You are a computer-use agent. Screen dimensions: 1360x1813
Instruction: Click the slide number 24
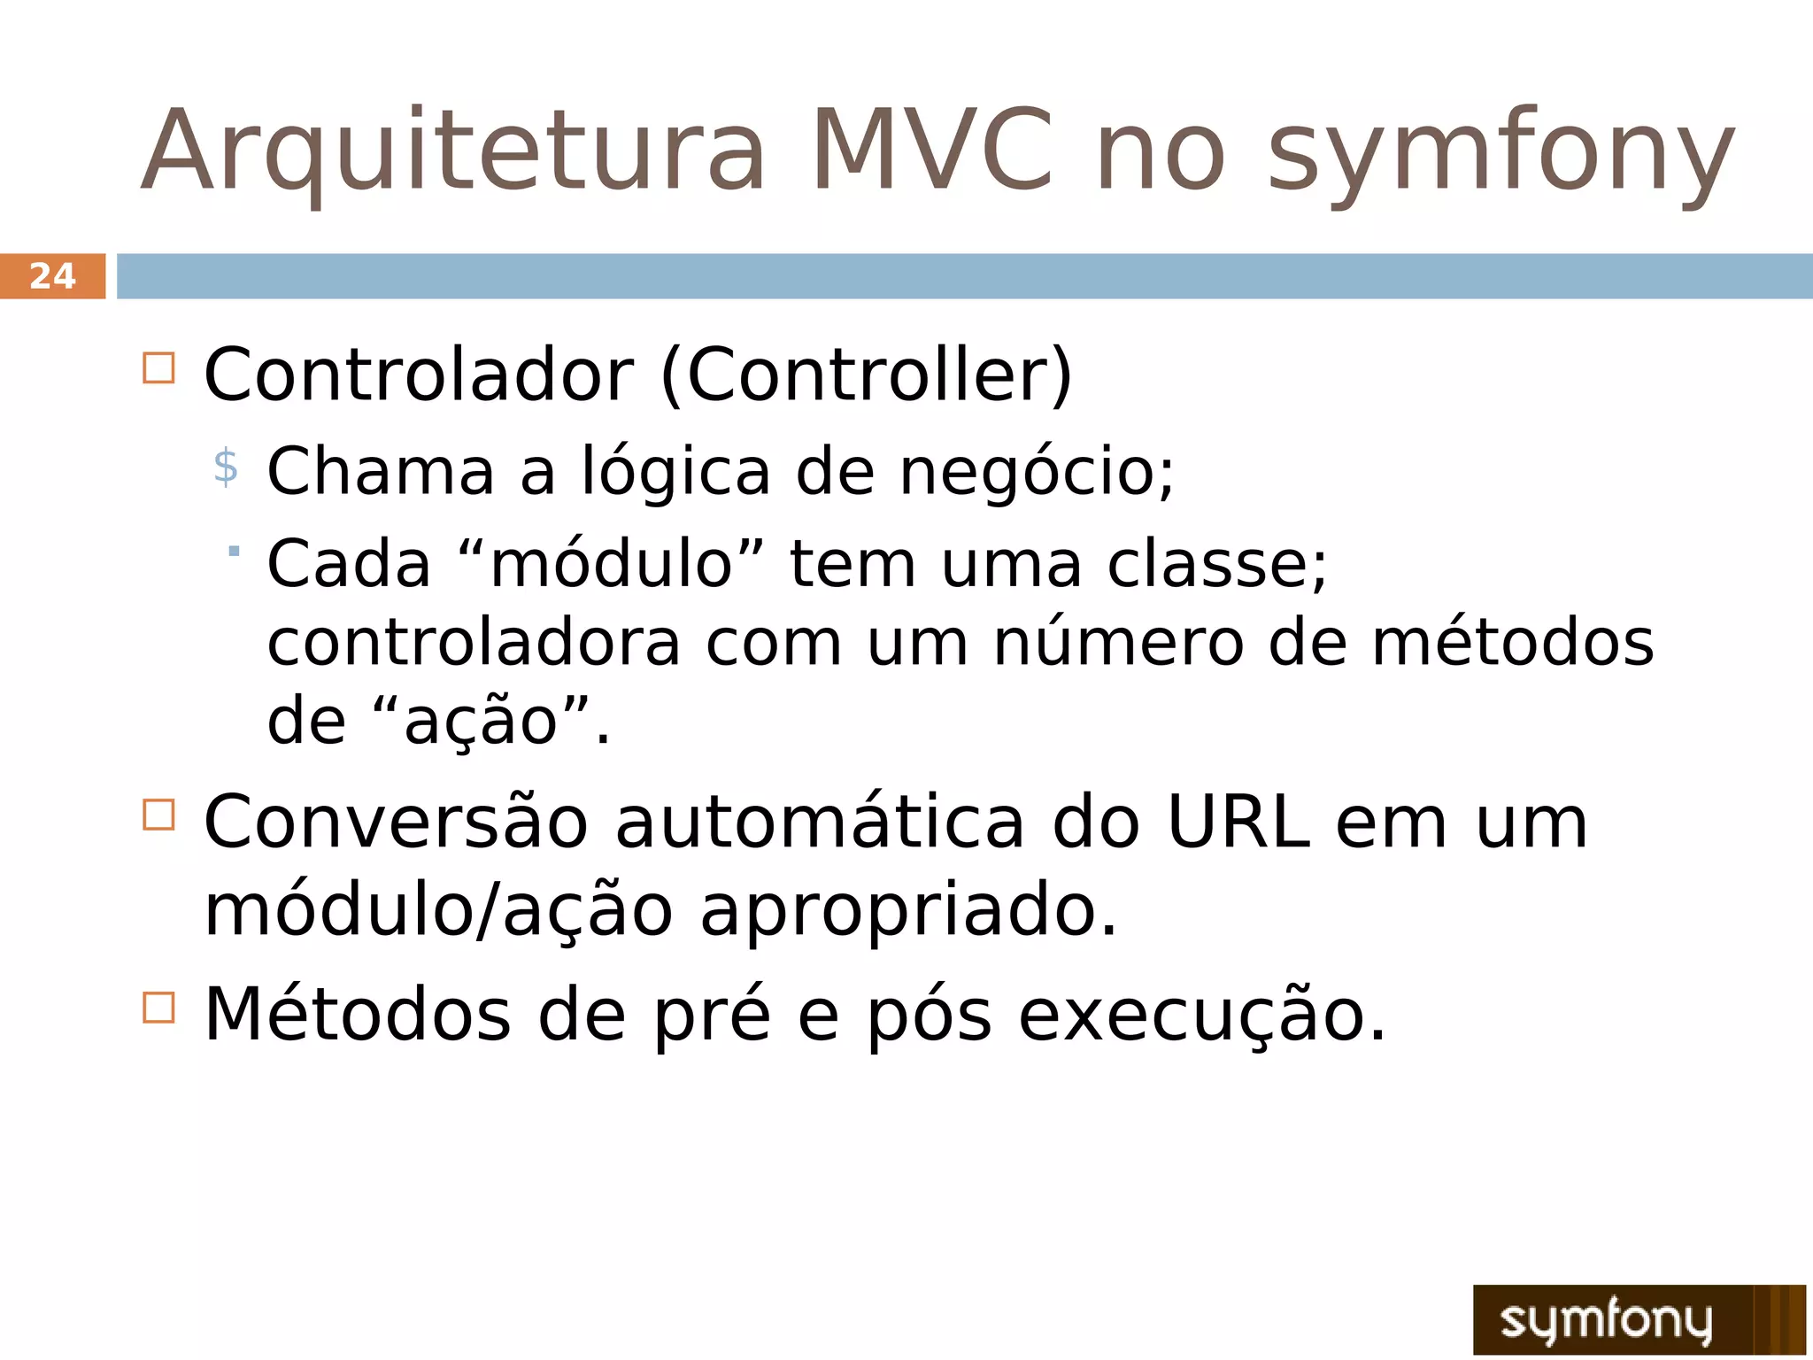tap(53, 276)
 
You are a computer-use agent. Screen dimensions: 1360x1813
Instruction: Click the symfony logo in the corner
tap(1638, 1319)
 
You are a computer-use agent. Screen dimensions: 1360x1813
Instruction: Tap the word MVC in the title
tap(932, 151)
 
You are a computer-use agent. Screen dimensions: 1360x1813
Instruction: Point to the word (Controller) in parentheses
tap(866, 375)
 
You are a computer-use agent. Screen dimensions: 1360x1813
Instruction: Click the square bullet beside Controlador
tap(158, 367)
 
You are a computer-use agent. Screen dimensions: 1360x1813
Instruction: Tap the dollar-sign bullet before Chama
tap(226, 467)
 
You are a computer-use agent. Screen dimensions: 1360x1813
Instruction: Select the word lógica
tap(675, 472)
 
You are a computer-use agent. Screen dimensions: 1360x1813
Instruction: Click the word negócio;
tap(1037, 472)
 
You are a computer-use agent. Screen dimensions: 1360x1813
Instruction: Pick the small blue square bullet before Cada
tap(234, 552)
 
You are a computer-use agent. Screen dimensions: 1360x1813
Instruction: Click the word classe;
tap(1217, 564)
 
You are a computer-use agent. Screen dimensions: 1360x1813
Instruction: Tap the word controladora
tap(474, 643)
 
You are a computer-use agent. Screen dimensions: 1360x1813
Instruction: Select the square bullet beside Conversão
tap(158, 814)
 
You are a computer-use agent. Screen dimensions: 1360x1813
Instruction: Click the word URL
tap(1237, 823)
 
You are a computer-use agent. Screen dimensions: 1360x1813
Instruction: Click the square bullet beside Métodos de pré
tap(158, 1007)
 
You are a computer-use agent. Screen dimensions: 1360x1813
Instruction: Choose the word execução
tap(1201, 1016)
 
